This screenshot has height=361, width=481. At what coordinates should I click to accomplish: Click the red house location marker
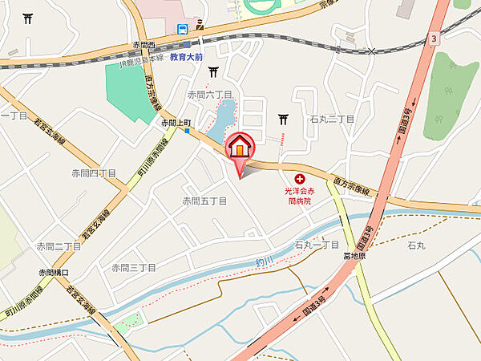(240, 148)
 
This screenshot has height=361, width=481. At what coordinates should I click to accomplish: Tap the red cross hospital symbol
(300, 179)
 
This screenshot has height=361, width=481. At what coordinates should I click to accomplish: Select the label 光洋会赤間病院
(301, 197)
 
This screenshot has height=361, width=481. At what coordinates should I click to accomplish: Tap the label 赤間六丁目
(210, 95)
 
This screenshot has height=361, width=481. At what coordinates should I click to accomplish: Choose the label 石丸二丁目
(332, 119)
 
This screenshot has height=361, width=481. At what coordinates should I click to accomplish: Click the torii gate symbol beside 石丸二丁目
(283, 120)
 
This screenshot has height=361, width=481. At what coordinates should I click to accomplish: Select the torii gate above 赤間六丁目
(213, 73)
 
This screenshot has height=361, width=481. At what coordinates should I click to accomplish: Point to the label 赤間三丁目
(132, 267)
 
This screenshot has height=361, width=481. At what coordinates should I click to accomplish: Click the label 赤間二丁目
(59, 246)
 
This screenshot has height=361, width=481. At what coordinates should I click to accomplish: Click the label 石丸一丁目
(317, 245)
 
